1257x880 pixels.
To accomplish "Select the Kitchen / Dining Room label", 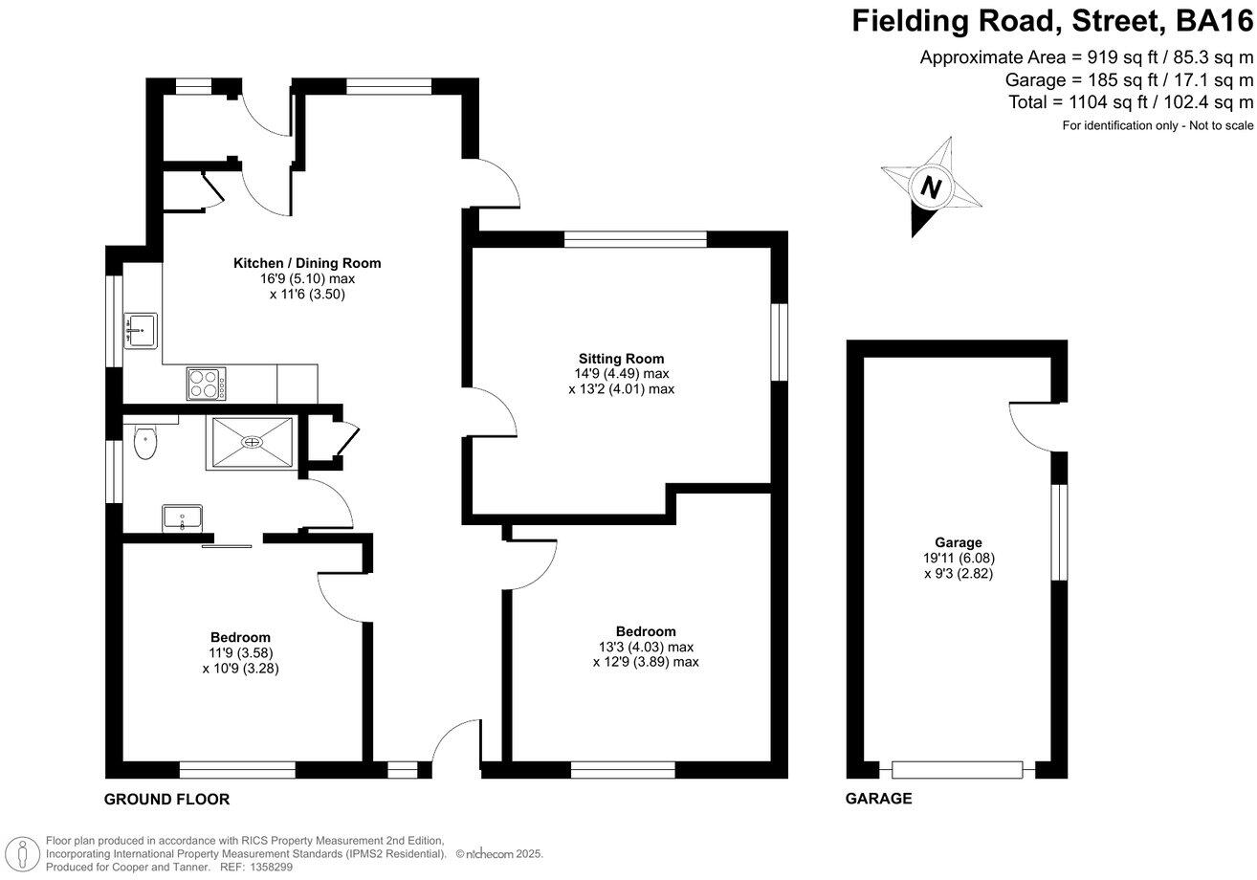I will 307,263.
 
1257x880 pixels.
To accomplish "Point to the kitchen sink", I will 140,331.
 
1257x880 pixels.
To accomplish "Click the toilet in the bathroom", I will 144,442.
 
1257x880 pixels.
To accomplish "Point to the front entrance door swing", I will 456,742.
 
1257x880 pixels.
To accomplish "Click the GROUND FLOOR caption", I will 166,800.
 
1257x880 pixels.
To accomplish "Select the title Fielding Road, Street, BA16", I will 1052,21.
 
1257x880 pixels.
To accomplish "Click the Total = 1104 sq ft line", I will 1130,101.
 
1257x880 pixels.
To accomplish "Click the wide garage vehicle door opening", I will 958,769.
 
